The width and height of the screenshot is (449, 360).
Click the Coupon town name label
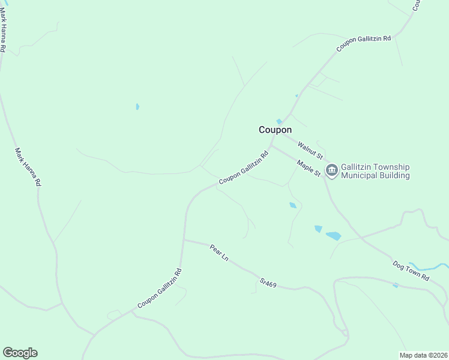(x=275, y=130)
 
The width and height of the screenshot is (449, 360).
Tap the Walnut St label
(x=310, y=147)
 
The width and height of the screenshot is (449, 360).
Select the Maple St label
(x=309, y=167)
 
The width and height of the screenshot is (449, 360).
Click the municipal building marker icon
(x=331, y=171)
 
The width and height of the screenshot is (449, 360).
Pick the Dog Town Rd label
(x=411, y=271)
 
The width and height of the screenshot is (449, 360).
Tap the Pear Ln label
(x=219, y=252)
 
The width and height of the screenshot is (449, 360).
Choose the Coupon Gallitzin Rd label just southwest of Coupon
(x=243, y=167)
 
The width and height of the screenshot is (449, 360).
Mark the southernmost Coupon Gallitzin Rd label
(x=159, y=289)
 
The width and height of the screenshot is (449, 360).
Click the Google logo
(x=20, y=353)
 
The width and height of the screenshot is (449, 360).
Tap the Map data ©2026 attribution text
(x=423, y=355)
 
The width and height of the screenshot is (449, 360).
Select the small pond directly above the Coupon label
(x=279, y=122)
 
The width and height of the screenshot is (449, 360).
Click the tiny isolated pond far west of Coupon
(x=137, y=107)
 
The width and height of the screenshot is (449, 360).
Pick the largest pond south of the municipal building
(x=333, y=236)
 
